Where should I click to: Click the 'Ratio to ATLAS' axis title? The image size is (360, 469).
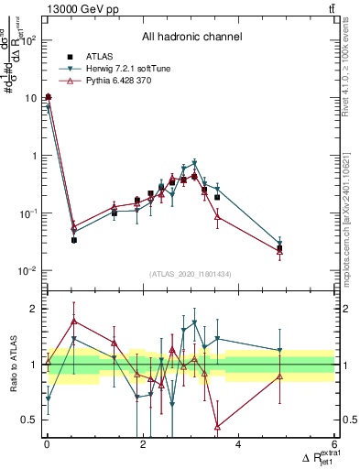(x=12, y=364)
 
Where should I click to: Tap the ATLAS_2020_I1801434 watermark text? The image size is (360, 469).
(x=191, y=274)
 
